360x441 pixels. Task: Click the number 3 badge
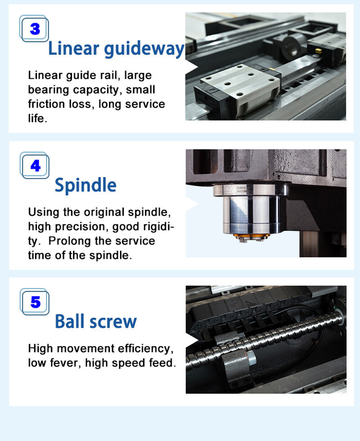(x=35, y=29)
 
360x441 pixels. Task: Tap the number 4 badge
(x=35, y=166)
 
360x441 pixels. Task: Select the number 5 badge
(x=35, y=302)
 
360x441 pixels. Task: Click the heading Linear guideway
(x=116, y=48)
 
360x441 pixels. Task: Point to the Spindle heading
(x=85, y=184)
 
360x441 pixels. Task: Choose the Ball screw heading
(x=95, y=321)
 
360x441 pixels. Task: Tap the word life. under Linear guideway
(x=37, y=119)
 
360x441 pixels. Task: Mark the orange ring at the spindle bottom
(x=252, y=236)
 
